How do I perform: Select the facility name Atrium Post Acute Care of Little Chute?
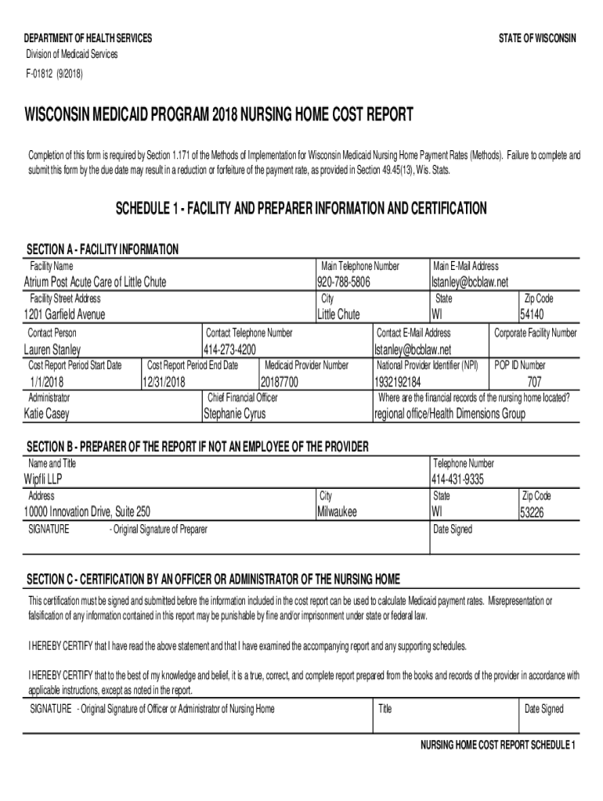point(95,282)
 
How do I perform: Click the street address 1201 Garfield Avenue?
point(65,314)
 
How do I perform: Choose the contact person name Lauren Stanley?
point(52,349)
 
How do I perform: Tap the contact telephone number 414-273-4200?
point(230,349)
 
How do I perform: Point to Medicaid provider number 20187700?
point(280,382)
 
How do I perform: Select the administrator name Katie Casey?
point(47,414)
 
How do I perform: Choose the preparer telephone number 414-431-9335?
point(457,480)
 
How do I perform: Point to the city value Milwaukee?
point(337,512)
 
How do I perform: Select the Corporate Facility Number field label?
point(536,332)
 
